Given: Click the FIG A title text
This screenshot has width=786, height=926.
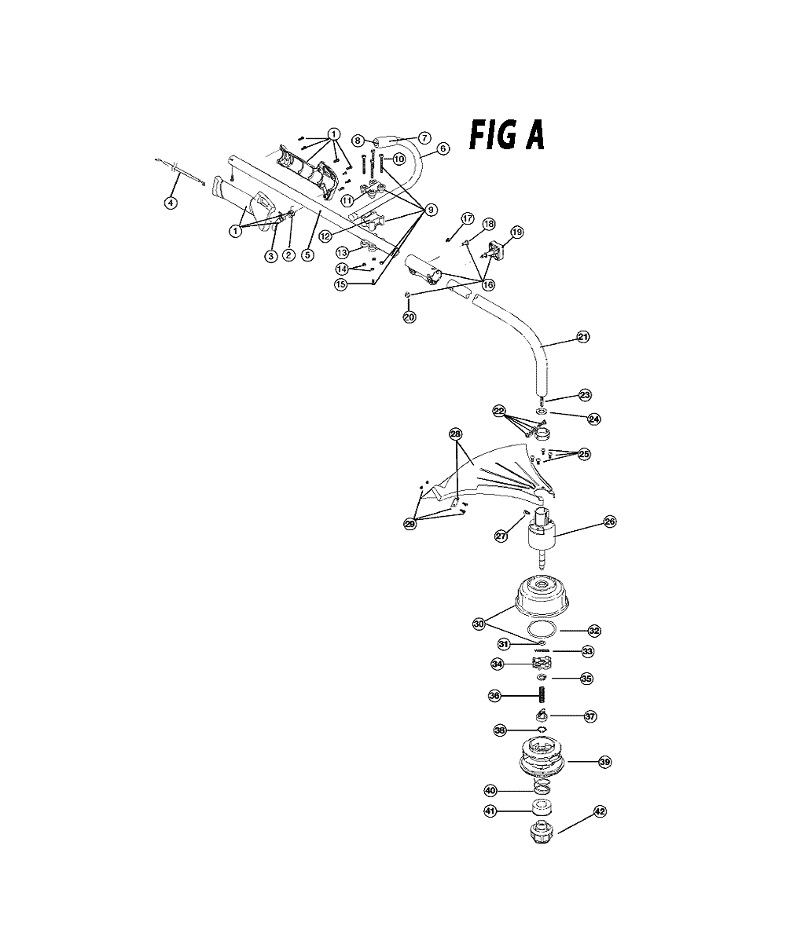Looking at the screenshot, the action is coord(506,136).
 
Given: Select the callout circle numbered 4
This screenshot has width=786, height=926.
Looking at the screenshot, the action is coord(171,203).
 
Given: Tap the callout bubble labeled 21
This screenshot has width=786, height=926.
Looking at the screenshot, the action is coord(583,337).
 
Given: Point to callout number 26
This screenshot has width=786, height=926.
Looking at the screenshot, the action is coord(610,522).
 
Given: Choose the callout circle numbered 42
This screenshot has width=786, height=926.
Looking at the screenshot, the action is coord(600,811).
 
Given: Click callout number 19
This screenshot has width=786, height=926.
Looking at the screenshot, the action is coord(517,232).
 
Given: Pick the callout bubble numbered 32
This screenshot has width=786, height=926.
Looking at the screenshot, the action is coord(594,631).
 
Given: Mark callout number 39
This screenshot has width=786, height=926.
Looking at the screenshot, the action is coord(605,762).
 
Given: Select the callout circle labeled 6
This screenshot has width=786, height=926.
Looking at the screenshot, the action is coord(443,148).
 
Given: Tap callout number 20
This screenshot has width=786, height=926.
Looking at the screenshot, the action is coord(409,317).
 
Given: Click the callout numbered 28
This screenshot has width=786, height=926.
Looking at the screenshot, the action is coord(456,434).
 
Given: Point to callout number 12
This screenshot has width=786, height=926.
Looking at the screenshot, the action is coord(325,236).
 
